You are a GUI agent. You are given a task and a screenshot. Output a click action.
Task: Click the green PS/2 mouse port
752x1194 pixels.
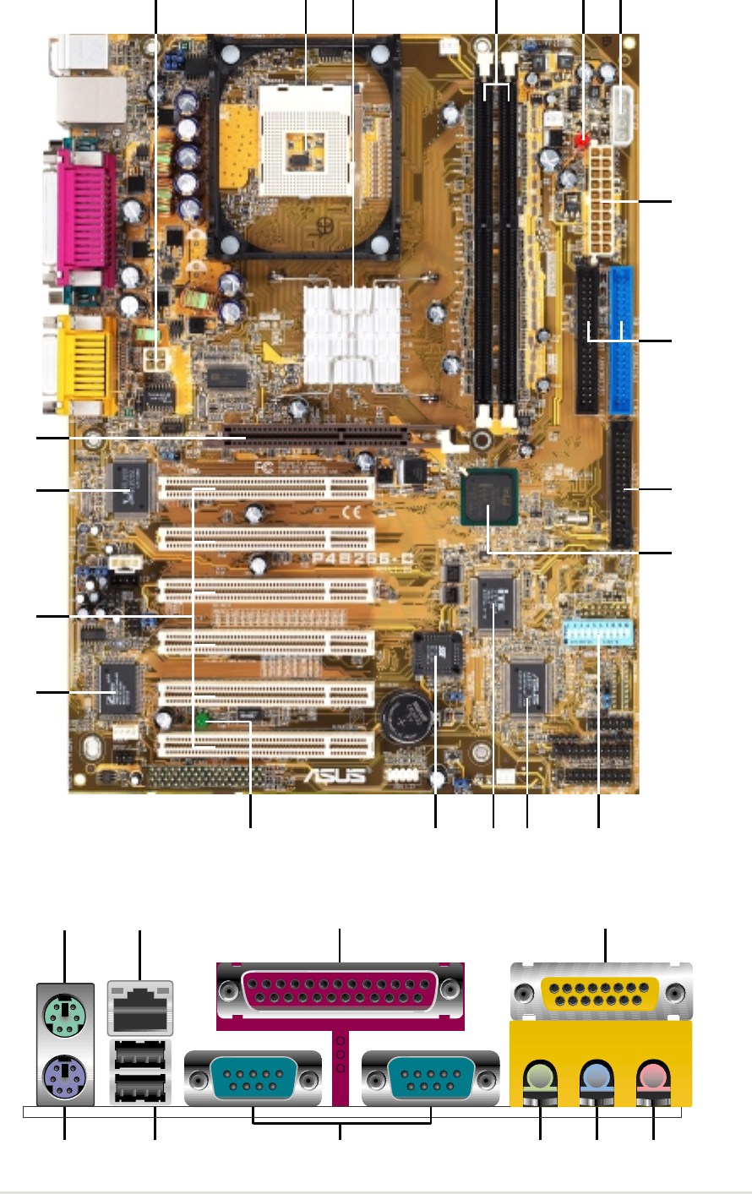click(65, 1006)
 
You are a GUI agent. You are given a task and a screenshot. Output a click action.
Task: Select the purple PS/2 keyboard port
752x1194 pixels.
click(65, 1079)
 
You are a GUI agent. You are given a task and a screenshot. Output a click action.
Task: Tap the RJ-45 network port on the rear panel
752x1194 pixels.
click(140, 1008)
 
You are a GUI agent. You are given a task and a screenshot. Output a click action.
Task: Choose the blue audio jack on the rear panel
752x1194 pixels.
click(597, 1077)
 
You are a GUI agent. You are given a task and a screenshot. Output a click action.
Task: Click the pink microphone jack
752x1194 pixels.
click(653, 1077)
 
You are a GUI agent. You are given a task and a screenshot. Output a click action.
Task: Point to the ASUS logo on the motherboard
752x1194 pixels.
click(336, 774)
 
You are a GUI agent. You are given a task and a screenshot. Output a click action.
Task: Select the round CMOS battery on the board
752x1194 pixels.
click(410, 718)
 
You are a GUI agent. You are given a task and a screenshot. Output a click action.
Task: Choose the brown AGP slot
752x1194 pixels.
click(317, 437)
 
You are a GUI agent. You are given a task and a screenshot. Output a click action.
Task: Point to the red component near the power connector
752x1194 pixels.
click(581, 140)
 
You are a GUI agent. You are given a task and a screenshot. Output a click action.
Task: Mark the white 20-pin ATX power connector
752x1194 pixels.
click(605, 199)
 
